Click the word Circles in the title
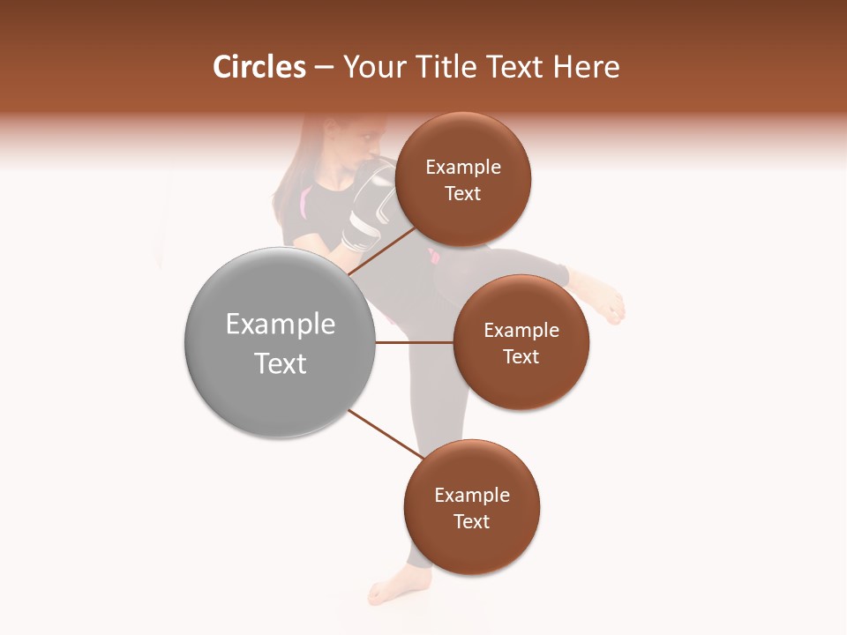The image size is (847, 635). (x=259, y=67)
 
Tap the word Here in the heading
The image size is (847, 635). (x=588, y=67)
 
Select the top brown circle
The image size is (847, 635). (x=463, y=179)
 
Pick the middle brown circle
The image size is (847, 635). (x=521, y=342)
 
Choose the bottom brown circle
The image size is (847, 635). (x=472, y=507)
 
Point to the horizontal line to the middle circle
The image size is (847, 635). (x=415, y=342)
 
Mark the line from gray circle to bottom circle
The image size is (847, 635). (x=386, y=434)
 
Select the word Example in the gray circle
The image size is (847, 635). (x=281, y=325)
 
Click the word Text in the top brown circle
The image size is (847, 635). (x=463, y=194)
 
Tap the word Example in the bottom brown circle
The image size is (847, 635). (x=472, y=495)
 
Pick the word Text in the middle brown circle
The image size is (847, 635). (x=521, y=356)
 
